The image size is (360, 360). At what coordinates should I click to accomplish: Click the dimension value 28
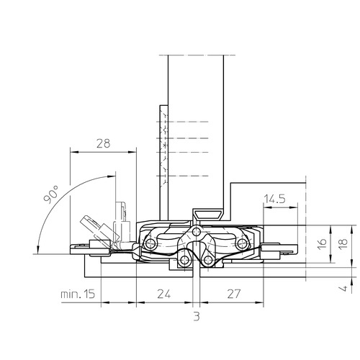point(104,143)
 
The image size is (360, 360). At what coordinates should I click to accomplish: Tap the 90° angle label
point(51,194)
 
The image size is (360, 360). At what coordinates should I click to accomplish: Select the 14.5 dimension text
point(274,199)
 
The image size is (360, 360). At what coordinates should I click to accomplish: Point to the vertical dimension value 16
point(323,243)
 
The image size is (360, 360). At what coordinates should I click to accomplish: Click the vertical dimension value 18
point(343,243)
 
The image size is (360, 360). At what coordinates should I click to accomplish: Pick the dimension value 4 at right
point(344,287)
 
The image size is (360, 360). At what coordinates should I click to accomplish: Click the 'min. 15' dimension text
point(78,294)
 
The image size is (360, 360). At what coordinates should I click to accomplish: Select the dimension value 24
point(164,294)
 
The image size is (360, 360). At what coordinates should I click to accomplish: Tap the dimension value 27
point(233,294)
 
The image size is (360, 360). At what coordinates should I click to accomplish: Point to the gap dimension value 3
point(197,317)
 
